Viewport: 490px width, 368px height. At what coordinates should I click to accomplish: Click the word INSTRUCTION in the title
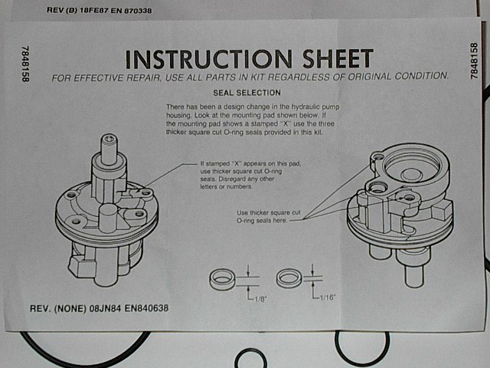[x=209, y=59]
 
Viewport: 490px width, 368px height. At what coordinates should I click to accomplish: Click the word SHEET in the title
[x=338, y=58]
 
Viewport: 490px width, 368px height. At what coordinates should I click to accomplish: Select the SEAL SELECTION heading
[x=247, y=93]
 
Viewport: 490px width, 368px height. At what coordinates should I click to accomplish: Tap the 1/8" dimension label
[x=260, y=299]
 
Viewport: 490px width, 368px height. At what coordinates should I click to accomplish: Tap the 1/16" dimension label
[x=327, y=297]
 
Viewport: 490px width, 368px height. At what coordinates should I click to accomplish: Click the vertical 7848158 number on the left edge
[x=25, y=64]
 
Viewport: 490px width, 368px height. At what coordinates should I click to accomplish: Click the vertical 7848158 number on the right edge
[x=475, y=61]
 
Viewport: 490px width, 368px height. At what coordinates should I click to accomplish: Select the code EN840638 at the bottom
[x=146, y=308]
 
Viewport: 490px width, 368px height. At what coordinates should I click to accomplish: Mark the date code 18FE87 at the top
[x=94, y=10]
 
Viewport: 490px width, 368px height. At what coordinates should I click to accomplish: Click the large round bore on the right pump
[x=412, y=166]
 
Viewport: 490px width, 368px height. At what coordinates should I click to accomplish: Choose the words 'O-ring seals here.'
[x=262, y=220]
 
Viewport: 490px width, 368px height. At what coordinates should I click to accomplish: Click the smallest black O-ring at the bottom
[x=250, y=359]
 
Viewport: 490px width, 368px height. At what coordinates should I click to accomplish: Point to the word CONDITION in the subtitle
[x=422, y=76]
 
